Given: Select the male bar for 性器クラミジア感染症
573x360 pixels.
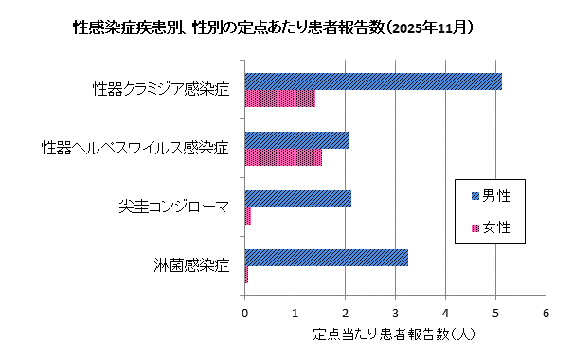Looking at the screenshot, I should tap(373, 81).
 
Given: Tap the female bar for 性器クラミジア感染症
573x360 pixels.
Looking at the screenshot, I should tap(279, 99).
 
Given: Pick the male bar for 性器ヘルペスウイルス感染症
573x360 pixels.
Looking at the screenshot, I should tap(296, 140).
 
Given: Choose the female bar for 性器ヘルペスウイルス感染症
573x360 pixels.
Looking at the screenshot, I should tap(283, 157).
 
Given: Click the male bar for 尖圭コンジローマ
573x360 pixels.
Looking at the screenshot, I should tap(298, 199).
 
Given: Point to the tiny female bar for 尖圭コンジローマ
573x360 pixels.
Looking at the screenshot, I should tap(248, 216).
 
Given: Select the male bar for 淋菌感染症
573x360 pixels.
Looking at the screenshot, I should tap(327, 257).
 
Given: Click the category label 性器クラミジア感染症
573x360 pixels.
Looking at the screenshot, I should tap(161, 90).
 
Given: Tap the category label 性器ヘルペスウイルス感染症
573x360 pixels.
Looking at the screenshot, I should tap(135, 149).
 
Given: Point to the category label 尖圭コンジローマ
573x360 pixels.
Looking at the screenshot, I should tap(173, 207).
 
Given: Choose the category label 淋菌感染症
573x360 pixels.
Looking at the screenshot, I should tap(192, 265).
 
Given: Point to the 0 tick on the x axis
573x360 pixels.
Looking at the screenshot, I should tap(245, 314).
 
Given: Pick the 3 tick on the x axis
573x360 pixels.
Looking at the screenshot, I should tap(396, 314).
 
